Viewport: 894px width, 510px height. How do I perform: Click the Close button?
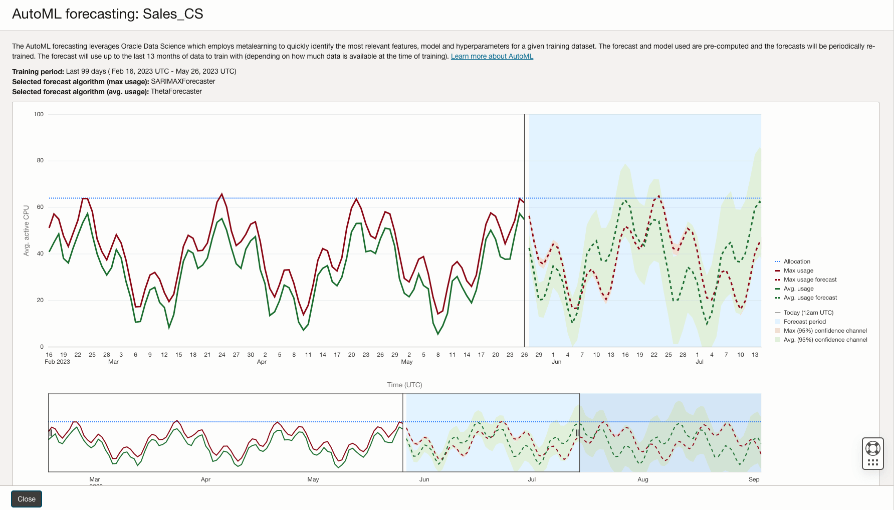[x=27, y=499]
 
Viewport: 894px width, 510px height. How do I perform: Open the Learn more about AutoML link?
[x=492, y=56]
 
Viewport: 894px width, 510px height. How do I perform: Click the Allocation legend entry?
[x=796, y=262]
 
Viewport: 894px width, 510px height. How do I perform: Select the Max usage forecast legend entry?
[x=810, y=280]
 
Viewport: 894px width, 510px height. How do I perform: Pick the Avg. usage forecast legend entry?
[x=810, y=298]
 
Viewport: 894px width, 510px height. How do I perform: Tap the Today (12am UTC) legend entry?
[x=808, y=313]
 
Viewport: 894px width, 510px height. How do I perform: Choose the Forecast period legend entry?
[x=804, y=322]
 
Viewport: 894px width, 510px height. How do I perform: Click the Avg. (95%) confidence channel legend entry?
[x=825, y=340]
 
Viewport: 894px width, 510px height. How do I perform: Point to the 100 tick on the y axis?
[x=39, y=114]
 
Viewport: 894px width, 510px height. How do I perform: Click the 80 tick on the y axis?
[x=40, y=161]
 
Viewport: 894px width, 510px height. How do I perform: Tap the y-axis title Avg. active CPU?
[x=27, y=230]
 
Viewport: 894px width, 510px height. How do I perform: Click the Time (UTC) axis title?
[x=404, y=385]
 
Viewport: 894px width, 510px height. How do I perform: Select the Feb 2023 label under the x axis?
[x=57, y=362]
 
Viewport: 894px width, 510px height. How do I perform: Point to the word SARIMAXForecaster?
[x=183, y=82]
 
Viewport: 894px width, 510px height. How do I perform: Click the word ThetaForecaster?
[x=176, y=92]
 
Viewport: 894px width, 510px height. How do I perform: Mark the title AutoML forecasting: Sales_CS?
[x=107, y=14]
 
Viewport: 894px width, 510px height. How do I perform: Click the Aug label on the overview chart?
[x=642, y=479]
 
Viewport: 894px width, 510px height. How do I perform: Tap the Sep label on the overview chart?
[x=754, y=479]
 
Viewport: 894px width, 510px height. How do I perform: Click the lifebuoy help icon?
[x=872, y=448]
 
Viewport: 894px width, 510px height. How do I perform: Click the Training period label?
[x=38, y=72]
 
